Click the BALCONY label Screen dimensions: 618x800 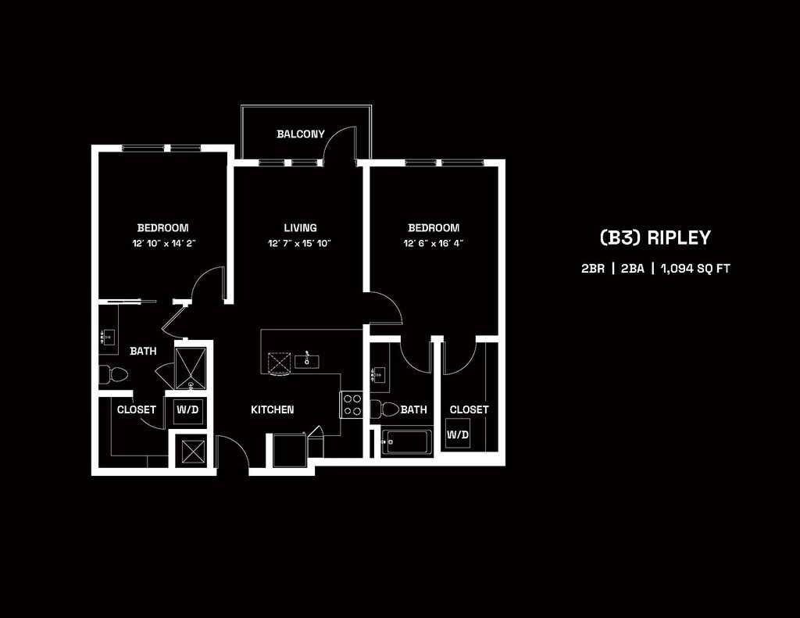coord(301,134)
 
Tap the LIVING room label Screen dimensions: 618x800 coord(301,228)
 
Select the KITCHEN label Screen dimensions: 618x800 coord(273,409)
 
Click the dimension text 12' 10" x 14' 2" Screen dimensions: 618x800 coord(163,244)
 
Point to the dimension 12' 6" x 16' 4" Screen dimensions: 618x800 coord(434,244)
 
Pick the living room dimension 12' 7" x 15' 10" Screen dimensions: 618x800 coord(301,244)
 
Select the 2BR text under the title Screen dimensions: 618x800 coord(593,268)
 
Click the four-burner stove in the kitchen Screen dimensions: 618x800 coord(352,405)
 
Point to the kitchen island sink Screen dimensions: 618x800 coord(307,360)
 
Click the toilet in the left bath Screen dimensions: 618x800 coord(114,374)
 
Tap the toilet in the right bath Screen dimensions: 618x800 coord(384,409)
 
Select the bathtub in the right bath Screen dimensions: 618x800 coord(406,442)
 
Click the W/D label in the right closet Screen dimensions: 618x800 coord(458,434)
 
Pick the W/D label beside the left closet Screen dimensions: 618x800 coord(187,409)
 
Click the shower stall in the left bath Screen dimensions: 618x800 coord(189,366)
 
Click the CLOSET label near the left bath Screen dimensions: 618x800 coord(137,409)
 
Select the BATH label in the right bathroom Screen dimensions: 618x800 coord(414,409)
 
